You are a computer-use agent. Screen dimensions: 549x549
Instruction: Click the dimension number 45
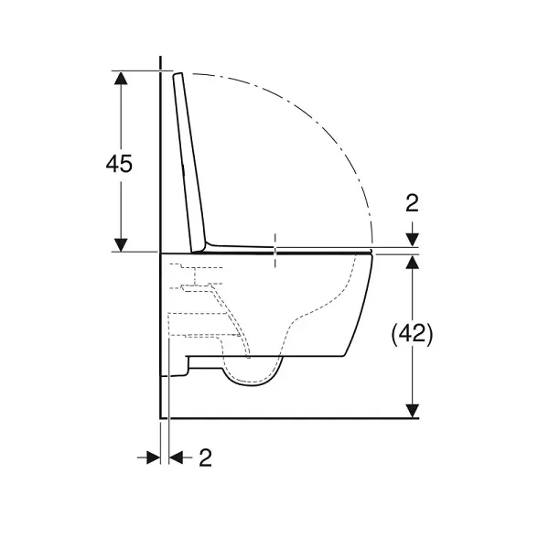(x=119, y=163)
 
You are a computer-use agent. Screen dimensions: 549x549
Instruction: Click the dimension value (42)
(x=412, y=334)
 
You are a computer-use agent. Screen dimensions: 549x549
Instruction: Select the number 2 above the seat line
(x=412, y=203)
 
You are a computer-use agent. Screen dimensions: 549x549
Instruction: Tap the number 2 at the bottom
(x=206, y=457)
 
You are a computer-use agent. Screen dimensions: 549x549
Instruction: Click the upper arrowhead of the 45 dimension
(x=121, y=78)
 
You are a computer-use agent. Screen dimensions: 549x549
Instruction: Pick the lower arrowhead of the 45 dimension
(x=121, y=244)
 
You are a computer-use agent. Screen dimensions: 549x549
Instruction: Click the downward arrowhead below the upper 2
(x=413, y=240)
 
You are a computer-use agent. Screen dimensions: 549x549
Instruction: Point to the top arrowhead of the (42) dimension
(x=413, y=263)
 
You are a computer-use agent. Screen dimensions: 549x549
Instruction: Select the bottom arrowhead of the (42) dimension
(x=413, y=411)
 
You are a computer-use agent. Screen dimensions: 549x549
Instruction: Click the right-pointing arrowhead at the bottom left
(x=154, y=457)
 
